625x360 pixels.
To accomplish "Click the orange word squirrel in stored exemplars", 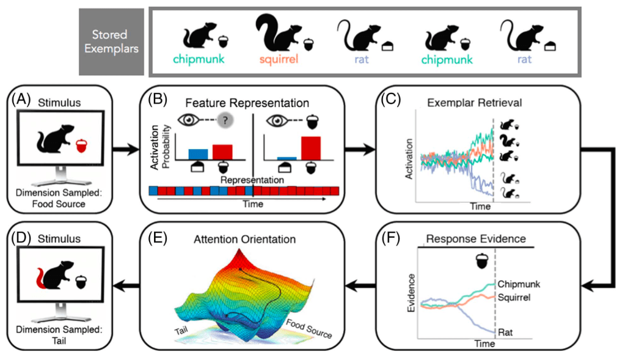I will pos(279,61).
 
